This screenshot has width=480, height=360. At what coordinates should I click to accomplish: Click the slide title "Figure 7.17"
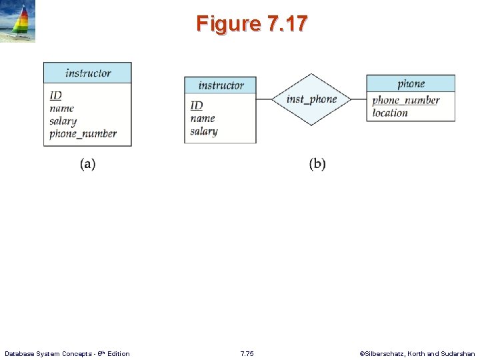click(x=252, y=24)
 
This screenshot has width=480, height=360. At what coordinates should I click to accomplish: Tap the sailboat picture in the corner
click(x=18, y=21)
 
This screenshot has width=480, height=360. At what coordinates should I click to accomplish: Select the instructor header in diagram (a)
click(x=88, y=73)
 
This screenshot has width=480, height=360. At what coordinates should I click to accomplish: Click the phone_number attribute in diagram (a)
click(x=83, y=133)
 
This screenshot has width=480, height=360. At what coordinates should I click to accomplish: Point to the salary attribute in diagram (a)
click(x=63, y=121)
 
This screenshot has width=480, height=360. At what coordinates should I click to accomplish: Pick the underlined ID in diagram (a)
click(x=55, y=96)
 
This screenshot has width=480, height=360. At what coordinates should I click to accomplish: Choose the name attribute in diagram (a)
click(x=61, y=108)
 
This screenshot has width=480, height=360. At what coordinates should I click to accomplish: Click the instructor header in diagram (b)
click(x=221, y=85)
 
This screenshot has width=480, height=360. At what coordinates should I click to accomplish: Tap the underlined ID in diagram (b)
click(x=196, y=105)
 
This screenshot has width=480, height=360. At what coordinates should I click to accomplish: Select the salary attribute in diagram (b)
click(x=203, y=131)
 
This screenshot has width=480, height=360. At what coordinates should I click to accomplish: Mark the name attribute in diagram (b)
click(x=202, y=118)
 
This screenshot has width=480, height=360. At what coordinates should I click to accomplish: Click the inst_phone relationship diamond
click(x=311, y=99)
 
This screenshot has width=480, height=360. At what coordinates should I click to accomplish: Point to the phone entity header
click(x=411, y=83)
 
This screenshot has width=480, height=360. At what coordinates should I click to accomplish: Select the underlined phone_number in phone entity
click(x=405, y=101)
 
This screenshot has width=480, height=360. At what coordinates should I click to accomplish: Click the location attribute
click(x=390, y=113)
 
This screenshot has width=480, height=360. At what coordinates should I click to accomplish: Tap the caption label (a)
click(x=88, y=164)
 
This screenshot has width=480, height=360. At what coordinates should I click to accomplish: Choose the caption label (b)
click(x=317, y=164)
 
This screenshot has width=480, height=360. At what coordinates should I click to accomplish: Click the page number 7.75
click(x=247, y=353)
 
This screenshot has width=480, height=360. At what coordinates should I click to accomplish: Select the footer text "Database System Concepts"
click(x=67, y=353)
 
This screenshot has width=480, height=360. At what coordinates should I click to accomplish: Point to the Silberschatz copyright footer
click(x=417, y=353)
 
